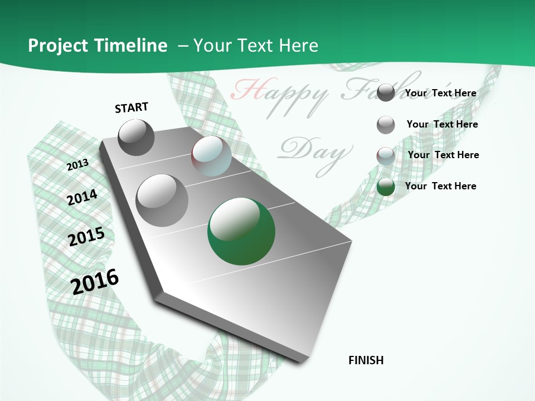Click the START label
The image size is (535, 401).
[x=132, y=107]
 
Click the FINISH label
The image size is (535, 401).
[x=366, y=360]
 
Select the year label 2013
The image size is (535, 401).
[x=78, y=164]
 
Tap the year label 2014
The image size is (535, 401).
[x=82, y=197]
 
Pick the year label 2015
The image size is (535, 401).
[x=86, y=237]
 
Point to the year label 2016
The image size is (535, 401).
[x=95, y=281]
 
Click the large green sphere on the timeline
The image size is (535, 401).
[x=241, y=231]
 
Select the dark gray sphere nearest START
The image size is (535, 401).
[x=136, y=137]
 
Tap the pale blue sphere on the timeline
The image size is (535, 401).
[x=211, y=156]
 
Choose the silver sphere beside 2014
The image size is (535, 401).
[x=162, y=200]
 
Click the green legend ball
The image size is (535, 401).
[x=386, y=187]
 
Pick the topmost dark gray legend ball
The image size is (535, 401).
[x=386, y=92]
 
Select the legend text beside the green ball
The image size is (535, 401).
[x=441, y=186]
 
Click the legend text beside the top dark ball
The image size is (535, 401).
[x=441, y=93]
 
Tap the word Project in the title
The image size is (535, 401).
[x=57, y=46]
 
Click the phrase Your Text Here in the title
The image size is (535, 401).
[x=256, y=46]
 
